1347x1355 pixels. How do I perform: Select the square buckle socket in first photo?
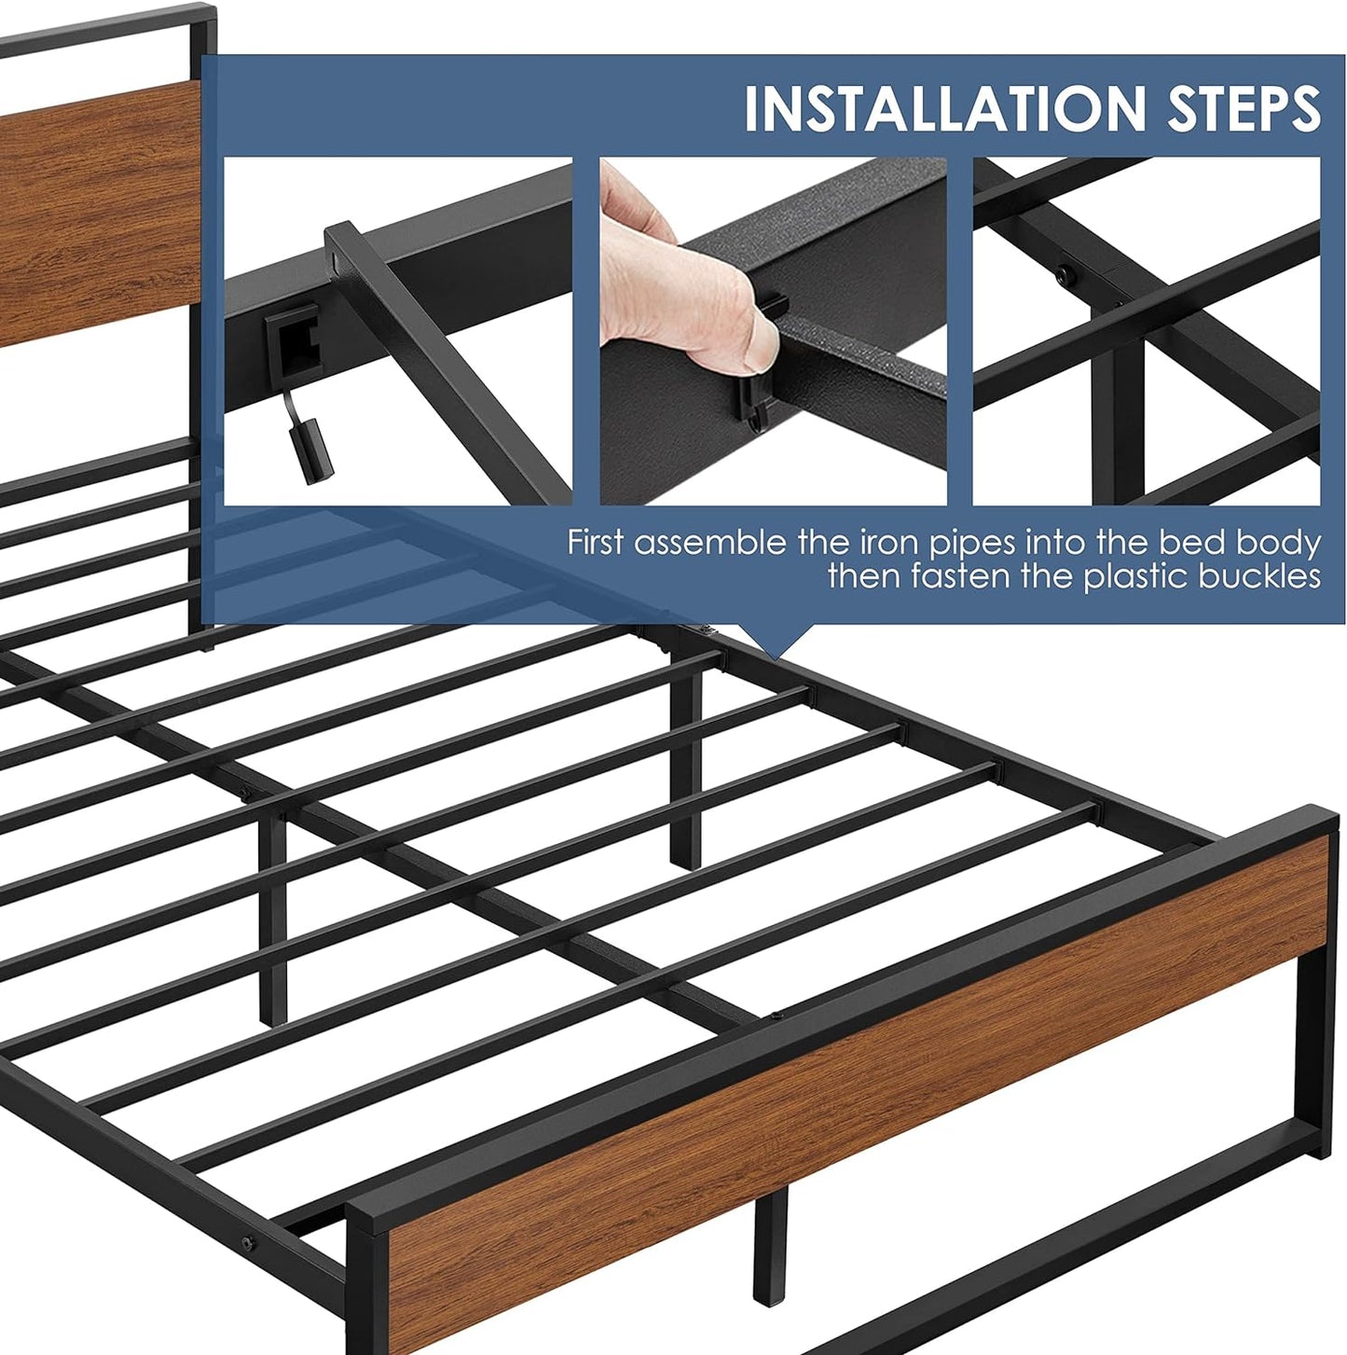click(293, 340)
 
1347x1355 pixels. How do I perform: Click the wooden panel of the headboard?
click(93, 214)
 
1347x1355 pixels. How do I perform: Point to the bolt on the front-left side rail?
click(249, 1243)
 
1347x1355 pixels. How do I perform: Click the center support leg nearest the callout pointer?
click(686, 774)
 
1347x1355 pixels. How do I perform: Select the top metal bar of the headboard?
click(103, 28)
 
